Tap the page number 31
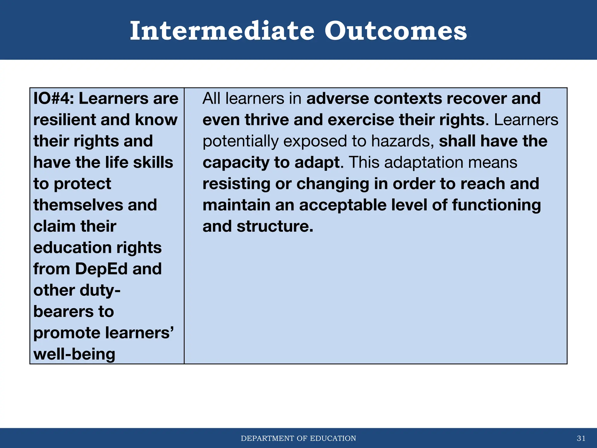[x=581, y=438]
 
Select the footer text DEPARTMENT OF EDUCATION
[x=298, y=438]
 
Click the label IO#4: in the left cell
[x=54, y=99]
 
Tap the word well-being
[x=74, y=354]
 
